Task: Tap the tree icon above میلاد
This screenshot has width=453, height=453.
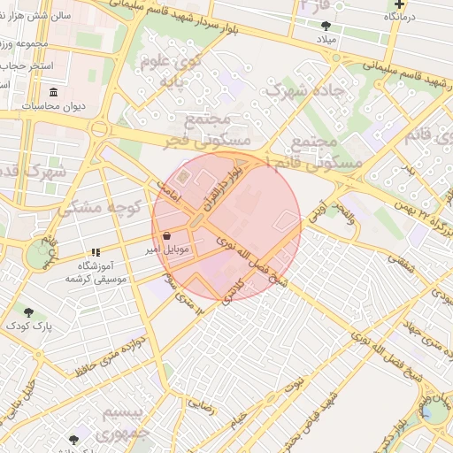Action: (326, 26)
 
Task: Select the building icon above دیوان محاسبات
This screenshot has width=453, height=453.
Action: (54, 92)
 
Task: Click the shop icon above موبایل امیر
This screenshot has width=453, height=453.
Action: (168, 236)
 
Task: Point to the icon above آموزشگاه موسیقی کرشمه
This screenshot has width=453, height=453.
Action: (96, 252)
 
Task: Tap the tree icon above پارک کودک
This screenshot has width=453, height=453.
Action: (29, 312)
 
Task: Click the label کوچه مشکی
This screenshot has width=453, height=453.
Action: (100, 209)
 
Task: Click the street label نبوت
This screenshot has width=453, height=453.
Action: (294, 383)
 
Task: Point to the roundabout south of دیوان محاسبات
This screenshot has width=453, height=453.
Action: (97, 130)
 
